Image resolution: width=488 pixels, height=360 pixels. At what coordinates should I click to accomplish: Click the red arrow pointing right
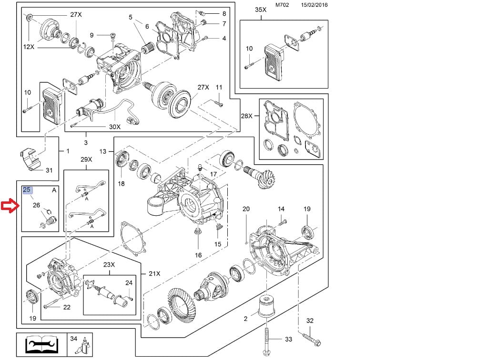click(x=10, y=206)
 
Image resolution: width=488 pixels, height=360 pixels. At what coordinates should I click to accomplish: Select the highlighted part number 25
click(x=27, y=190)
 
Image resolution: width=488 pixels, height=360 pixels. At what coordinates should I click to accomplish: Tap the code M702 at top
click(x=283, y=5)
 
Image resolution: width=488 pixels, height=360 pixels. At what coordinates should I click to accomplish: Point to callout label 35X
click(x=261, y=10)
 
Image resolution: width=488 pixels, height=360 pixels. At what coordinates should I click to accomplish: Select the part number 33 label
click(x=288, y=340)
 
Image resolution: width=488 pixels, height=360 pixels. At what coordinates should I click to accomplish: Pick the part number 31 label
click(x=49, y=170)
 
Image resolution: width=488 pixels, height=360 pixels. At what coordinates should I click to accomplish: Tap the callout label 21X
click(x=154, y=274)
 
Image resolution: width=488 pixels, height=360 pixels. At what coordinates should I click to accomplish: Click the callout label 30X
click(x=114, y=127)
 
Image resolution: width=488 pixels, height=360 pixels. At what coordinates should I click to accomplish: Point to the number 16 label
click(x=198, y=255)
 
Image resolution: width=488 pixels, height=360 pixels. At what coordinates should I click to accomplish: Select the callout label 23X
click(x=109, y=265)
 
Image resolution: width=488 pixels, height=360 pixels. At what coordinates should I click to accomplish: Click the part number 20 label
click(x=246, y=209)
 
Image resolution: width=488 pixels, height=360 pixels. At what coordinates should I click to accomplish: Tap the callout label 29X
click(x=86, y=160)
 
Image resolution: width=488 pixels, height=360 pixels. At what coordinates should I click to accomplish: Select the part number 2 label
click(x=245, y=319)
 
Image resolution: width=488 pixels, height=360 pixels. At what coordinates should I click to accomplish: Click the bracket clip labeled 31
click(x=31, y=159)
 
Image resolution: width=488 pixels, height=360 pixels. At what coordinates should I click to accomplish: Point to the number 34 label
click(x=73, y=339)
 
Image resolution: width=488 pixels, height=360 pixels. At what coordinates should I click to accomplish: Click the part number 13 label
click(x=103, y=151)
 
